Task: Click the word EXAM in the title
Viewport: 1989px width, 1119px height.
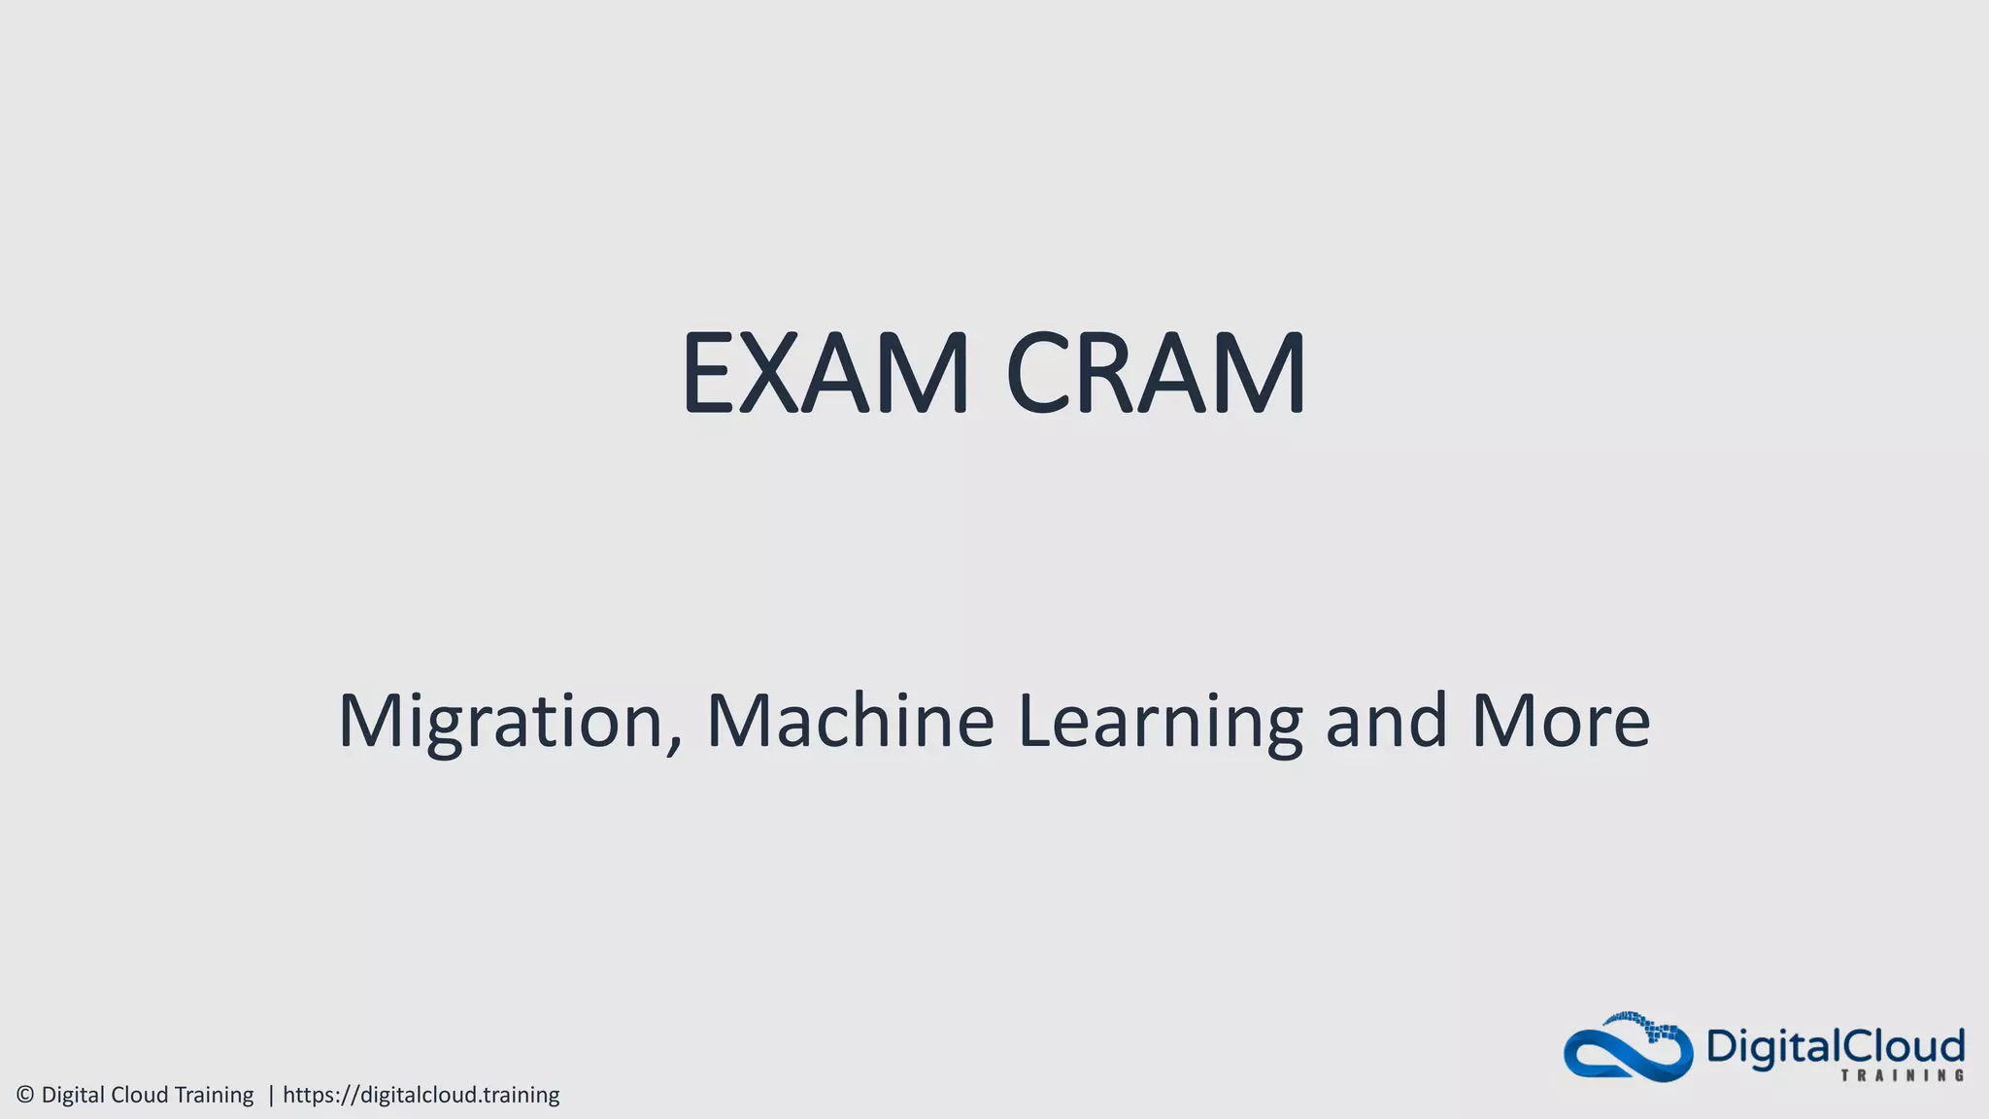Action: coord(825,374)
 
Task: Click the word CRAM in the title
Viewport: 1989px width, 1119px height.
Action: coord(1156,374)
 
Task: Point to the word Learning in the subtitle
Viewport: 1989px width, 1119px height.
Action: coord(1160,721)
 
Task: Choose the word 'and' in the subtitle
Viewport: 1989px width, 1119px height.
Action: coord(1386,721)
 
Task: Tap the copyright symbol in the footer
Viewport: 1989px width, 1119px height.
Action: coord(25,1095)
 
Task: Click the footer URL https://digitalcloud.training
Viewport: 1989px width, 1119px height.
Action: coord(421,1095)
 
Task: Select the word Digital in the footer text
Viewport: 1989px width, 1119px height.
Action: coord(74,1095)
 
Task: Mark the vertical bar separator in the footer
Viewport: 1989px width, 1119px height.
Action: coord(271,1095)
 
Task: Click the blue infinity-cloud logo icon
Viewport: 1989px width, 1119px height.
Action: coord(1628,1049)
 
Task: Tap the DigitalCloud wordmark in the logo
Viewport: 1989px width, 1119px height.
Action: coord(1835,1046)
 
